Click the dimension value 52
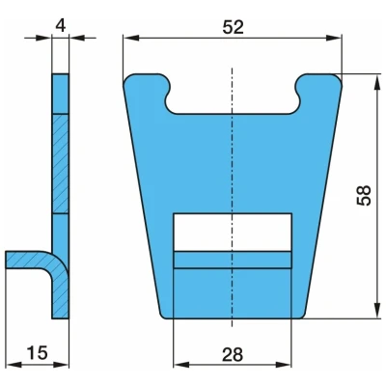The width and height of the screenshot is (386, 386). pyautogui.click(x=234, y=27)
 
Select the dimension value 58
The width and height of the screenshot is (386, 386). pyautogui.click(x=364, y=195)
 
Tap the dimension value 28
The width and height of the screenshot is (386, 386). pyautogui.click(x=233, y=355)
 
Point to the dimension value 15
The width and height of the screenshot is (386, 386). pyautogui.click(x=37, y=352)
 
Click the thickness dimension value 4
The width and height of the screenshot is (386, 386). pyautogui.click(x=61, y=26)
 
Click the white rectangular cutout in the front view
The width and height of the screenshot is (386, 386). pyautogui.click(x=233, y=232)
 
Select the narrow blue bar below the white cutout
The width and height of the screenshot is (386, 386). pyautogui.click(x=233, y=260)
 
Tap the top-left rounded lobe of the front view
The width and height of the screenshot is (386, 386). pyautogui.click(x=147, y=86)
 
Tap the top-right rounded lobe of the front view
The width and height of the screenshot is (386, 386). pyautogui.click(x=319, y=86)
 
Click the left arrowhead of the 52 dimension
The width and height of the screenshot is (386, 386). pyautogui.click(x=131, y=38)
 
